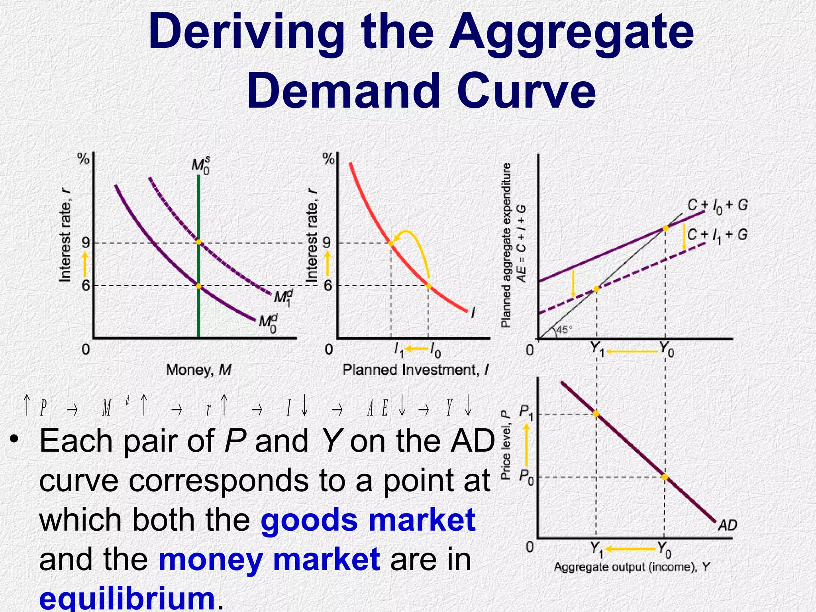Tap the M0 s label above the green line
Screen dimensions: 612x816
click(200, 165)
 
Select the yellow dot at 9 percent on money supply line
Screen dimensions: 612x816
click(198, 242)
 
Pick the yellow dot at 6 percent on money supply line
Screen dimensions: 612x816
click(198, 286)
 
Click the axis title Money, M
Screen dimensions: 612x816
click(198, 370)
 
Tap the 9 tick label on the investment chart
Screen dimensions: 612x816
click(327, 243)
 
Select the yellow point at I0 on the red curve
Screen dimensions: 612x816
click(428, 286)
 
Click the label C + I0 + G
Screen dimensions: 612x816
click(717, 206)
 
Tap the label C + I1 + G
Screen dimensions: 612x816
click(717, 235)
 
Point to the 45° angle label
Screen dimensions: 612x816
click(564, 330)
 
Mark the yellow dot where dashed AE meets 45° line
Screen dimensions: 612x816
click(596, 289)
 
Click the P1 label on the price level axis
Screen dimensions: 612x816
click(526, 412)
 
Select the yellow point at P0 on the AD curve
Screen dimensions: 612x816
click(665, 477)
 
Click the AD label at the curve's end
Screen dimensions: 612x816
click(728, 525)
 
